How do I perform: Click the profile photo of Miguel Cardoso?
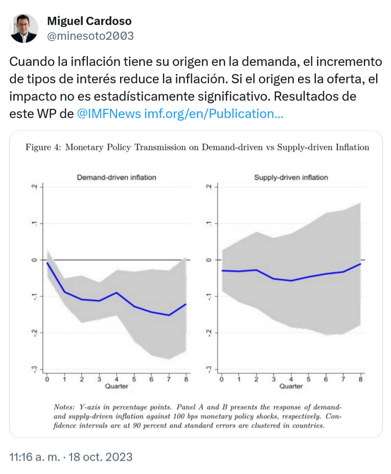click(x=24, y=28)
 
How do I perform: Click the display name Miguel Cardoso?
click(x=89, y=21)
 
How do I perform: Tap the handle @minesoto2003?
click(x=90, y=36)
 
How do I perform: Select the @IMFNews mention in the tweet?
click(x=108, y=114)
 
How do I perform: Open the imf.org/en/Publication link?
click(x=214, y=114)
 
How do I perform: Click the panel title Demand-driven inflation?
click(x=117, y=177)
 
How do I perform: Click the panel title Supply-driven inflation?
click(x=291, y=177)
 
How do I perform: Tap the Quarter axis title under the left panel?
click(x=116, y=386)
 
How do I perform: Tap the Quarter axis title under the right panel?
click(x=291, y=386)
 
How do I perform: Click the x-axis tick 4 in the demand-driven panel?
click(x=116, y=378)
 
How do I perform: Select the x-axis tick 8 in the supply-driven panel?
click(x=361, y=378)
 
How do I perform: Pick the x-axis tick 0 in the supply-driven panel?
click(x=221, y=378)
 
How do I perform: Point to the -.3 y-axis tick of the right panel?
click(x=208, y=369)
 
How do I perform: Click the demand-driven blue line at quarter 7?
click(x=169, y=315)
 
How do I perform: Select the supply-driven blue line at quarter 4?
click(x=291, y=281)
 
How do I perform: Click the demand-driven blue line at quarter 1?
click(x=64, y=292)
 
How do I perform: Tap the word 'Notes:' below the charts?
click(x=65, y=407)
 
